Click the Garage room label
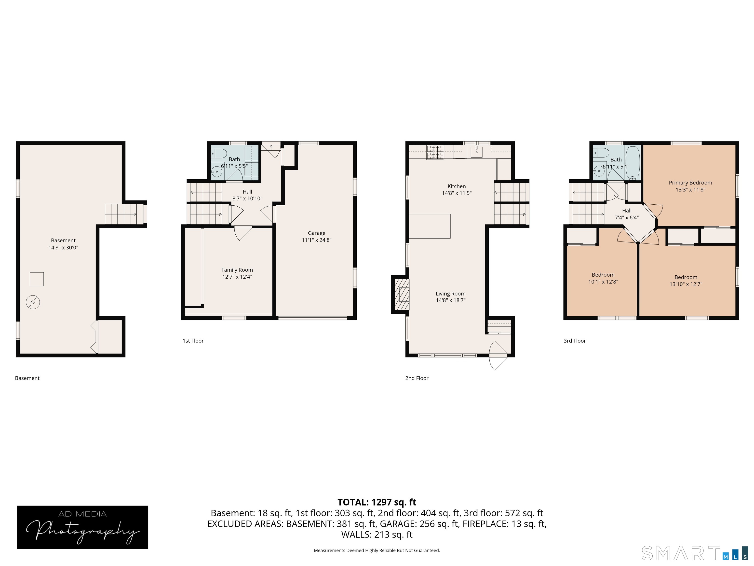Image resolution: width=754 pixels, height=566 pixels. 316,233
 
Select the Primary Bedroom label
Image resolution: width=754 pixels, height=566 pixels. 690,183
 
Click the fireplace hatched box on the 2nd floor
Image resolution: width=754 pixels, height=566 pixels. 402,295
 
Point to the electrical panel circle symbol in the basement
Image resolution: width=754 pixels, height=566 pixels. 33,302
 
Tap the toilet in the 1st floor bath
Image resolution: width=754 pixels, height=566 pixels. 219,154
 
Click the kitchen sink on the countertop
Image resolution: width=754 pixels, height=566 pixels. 476,152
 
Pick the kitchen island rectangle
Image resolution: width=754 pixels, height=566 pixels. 430,226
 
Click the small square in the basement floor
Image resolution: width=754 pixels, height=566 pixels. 37,279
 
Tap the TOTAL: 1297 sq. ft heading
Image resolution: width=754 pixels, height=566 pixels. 377,502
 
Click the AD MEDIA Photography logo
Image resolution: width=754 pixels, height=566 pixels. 82,527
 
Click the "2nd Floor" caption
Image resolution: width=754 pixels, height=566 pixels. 417,378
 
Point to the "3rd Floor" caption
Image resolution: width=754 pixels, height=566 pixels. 574,340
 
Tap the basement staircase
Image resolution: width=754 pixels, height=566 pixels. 121,214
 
